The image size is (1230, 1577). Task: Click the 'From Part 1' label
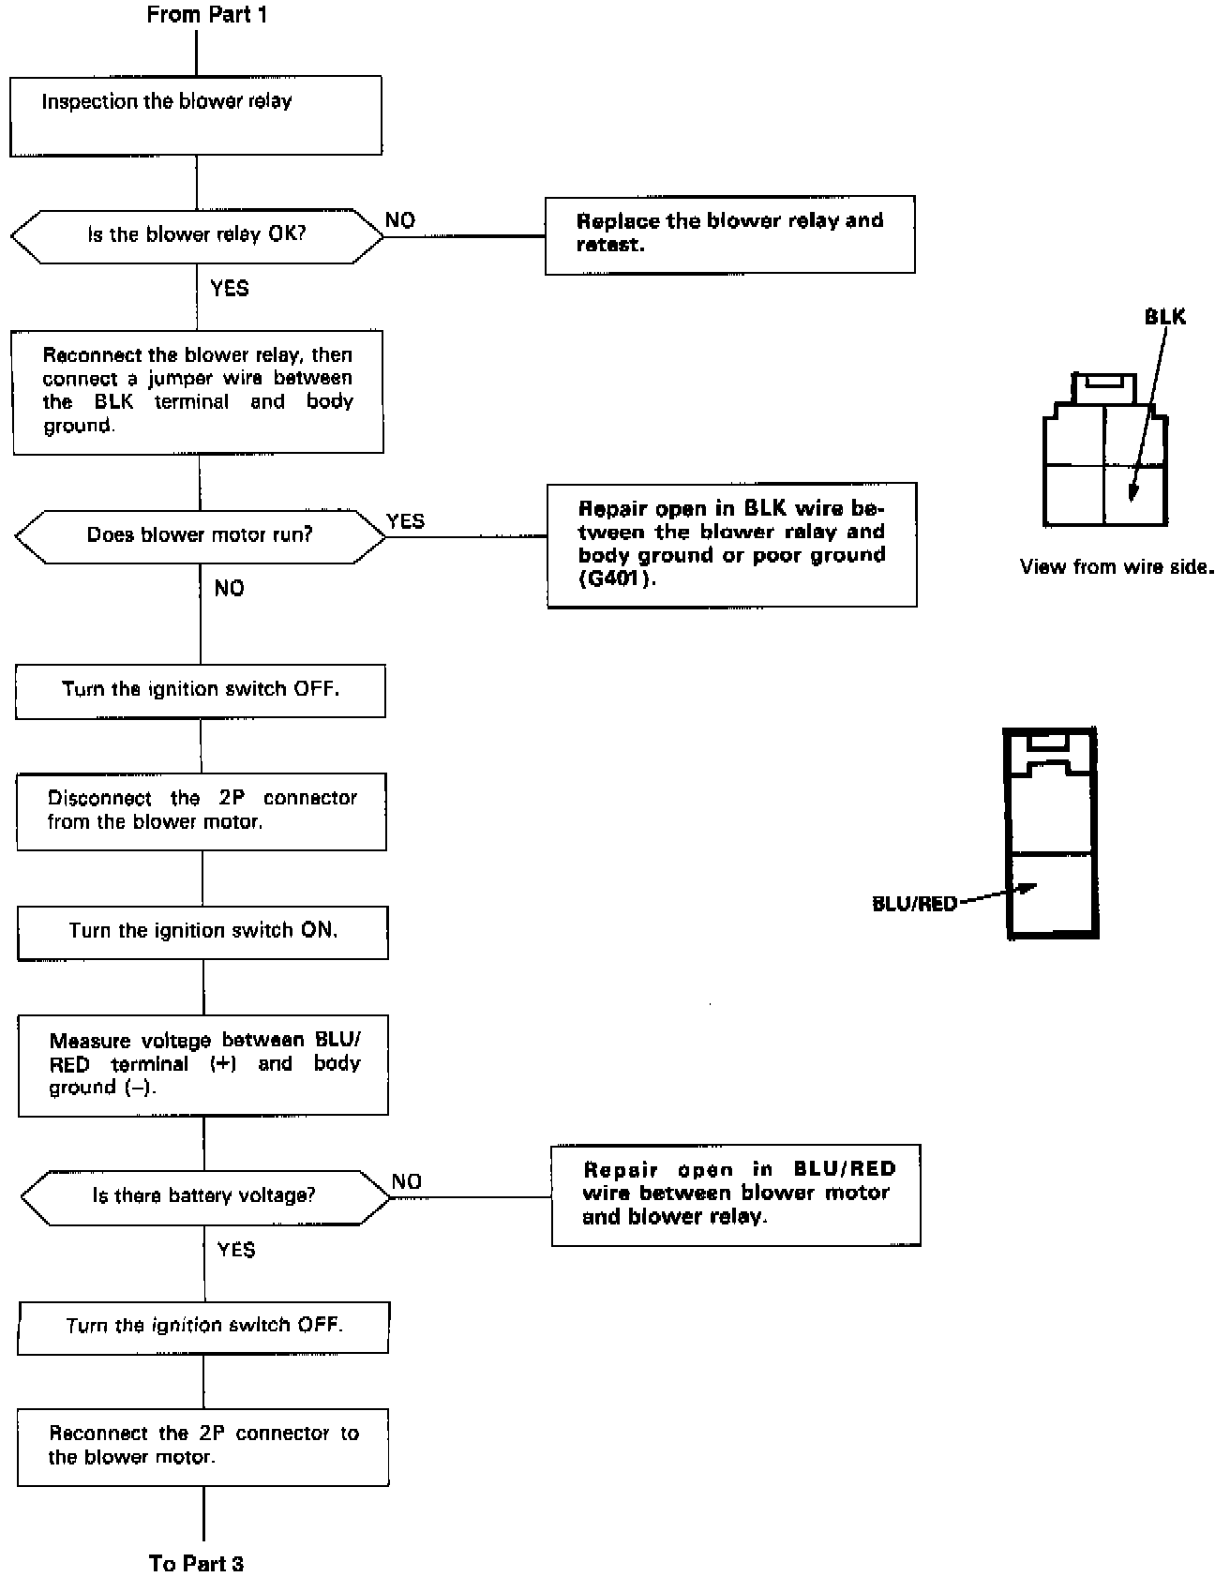point(206,15)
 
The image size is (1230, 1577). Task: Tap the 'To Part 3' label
point(196,1563)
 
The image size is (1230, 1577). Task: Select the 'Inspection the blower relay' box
point(195,115)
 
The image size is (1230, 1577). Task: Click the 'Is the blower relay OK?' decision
point(197,234)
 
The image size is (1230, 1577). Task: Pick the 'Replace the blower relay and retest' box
point(729,234)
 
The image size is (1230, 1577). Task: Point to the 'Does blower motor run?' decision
point(200,535)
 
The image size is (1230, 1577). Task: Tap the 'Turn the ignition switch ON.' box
point(202,931)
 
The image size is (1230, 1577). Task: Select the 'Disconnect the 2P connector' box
point(202,811)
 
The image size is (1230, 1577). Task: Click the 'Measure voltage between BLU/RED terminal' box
point(203,1064)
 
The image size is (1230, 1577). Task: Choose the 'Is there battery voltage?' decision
point(203,1195)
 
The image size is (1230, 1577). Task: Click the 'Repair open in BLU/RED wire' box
point(736,1194)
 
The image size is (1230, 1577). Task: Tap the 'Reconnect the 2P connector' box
point(203,1446)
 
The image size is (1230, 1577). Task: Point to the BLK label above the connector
point(1164,317)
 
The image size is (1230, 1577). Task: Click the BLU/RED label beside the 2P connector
point(914,904)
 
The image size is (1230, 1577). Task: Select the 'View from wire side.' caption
point(1116,566)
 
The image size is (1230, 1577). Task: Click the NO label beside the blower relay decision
point(400,220)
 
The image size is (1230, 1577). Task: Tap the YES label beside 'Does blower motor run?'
point(405,521)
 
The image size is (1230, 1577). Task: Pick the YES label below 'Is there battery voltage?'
point(235,1250)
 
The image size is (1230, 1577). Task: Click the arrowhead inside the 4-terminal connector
point(1132,494)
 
